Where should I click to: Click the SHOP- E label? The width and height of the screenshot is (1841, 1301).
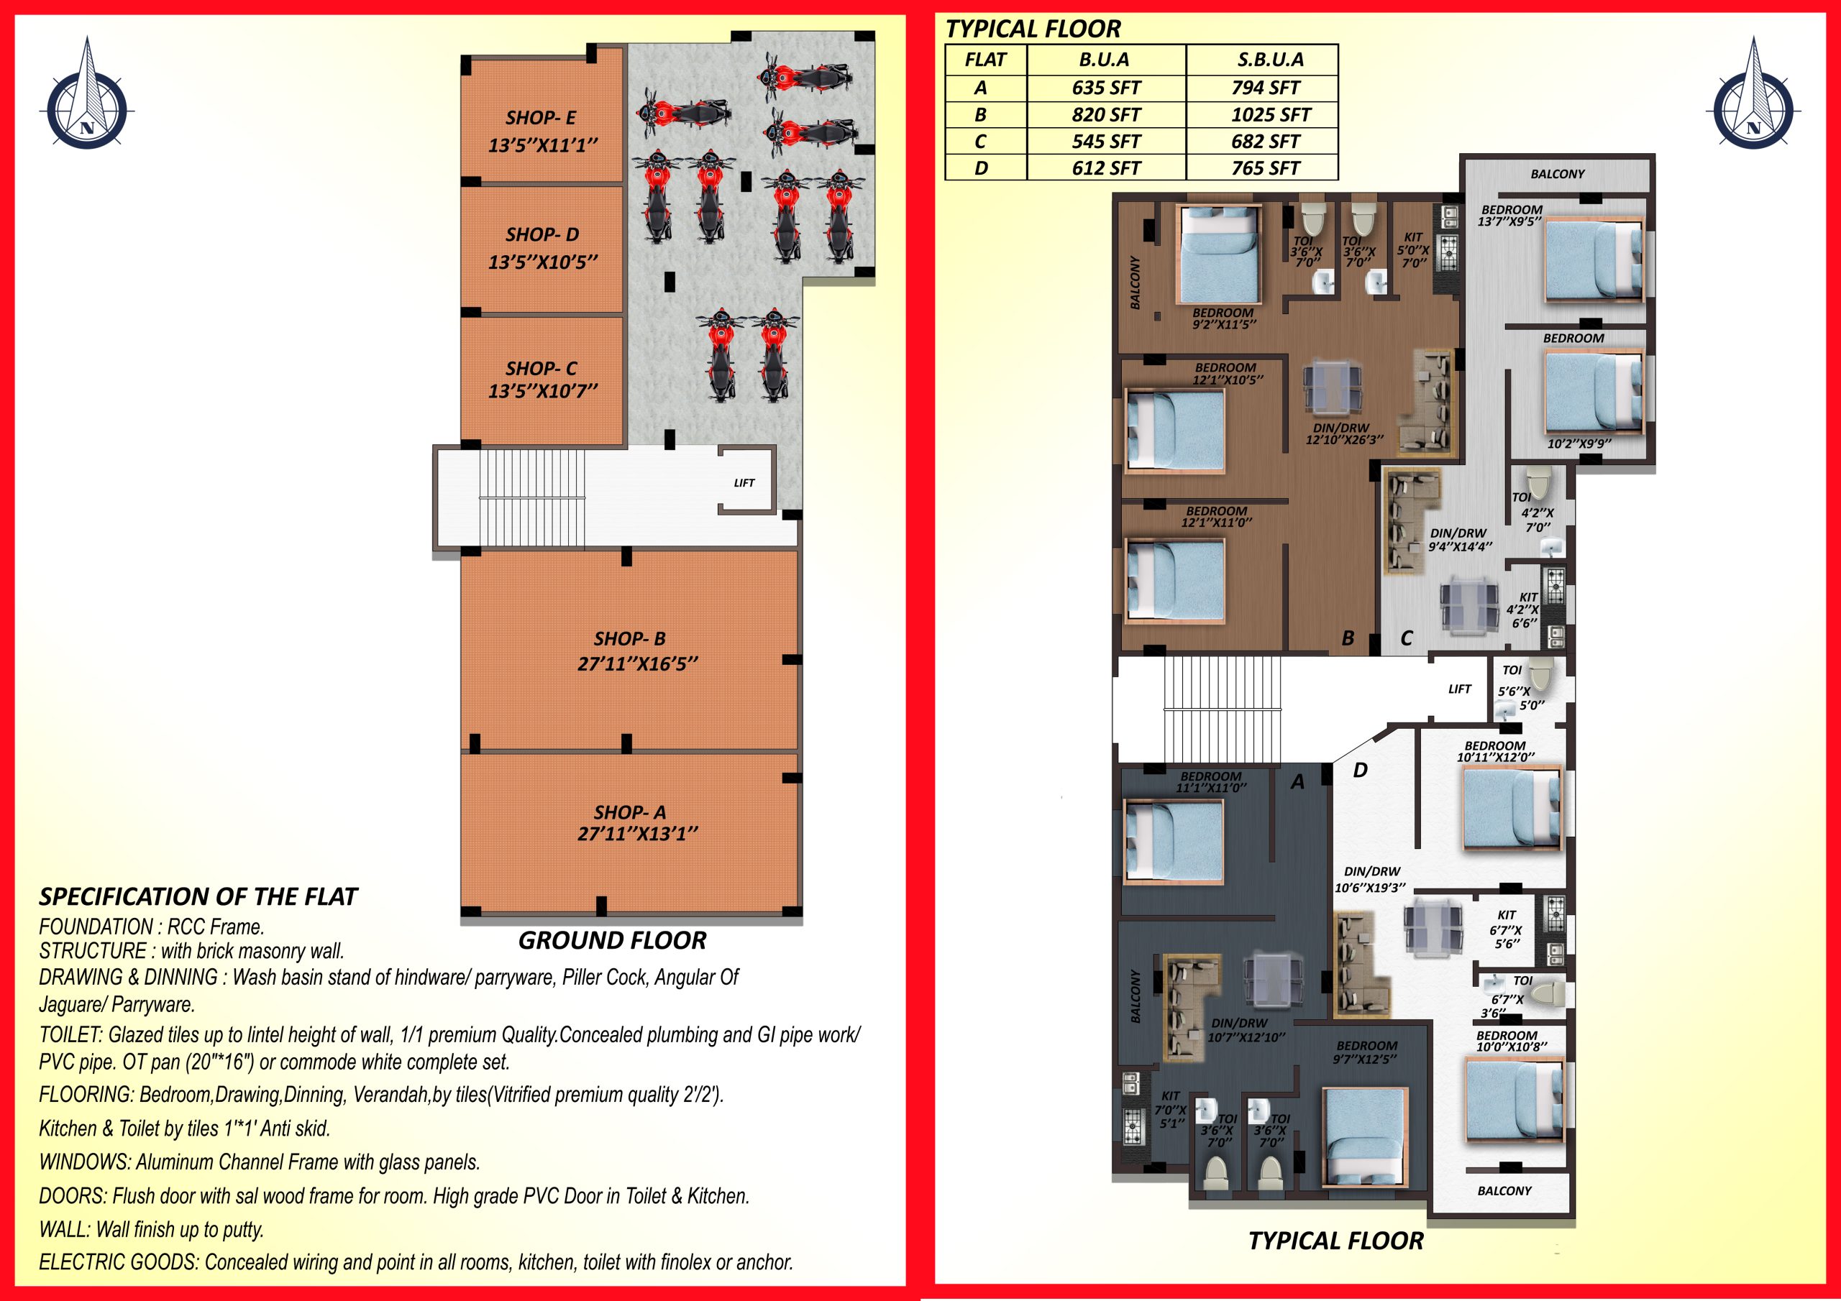[x=540, y=118]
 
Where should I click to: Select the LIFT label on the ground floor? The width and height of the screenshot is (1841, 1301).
[x=744, y=482]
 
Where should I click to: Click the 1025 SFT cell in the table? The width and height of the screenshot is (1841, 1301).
[x=1270, y=114]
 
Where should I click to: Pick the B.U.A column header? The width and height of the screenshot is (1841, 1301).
[x=1106, y=60]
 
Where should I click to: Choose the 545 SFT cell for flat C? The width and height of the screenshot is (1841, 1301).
[x=1106, y=141]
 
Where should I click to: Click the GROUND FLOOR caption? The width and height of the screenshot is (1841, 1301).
[x=613, y=940]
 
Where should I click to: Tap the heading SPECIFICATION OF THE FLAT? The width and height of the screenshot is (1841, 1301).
[x=198, y=896]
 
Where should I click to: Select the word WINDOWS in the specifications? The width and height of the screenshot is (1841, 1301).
[x=85, y=1162]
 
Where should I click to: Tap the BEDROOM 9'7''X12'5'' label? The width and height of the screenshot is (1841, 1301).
[x=1366, y=1052]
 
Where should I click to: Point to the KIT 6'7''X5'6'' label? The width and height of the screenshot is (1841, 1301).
[x=1507, y=929]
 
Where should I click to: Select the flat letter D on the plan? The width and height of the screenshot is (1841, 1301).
[x=1361, y=770]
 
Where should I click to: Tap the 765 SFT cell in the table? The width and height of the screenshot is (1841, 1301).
[x=1265, y=168]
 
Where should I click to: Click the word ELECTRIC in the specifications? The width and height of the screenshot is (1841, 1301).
[x=78, y=1262]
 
